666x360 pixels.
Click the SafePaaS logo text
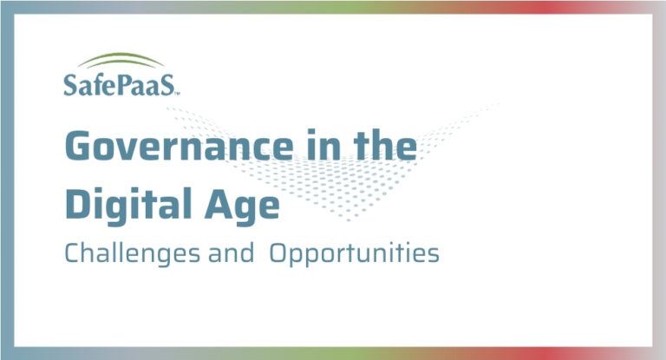click(x=121, y=85)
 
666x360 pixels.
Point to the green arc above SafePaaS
click(x=119, y=61)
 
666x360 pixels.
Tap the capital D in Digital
click(x=79, y=206)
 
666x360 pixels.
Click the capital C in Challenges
click(x=72, y=254)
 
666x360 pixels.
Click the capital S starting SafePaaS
click(x=70, y=85)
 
